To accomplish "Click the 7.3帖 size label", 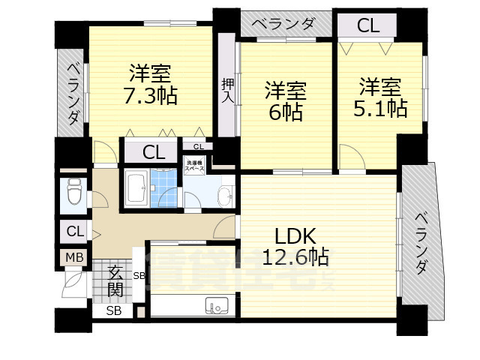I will [x=151, y=97].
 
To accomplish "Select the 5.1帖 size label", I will [x=379, y=109].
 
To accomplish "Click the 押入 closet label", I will [x=228, y=90].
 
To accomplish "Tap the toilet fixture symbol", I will [x=74, y=194].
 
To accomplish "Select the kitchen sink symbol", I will [x=217, y=306].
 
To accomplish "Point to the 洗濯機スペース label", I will [x=195, y=166].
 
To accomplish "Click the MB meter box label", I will [x=74, y=258].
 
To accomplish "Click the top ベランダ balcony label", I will [x=283, y=24].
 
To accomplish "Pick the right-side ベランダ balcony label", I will [x=421, y=244].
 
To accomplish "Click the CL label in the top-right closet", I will [x=367, y=25].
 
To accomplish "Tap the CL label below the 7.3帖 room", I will [x=154, y=152].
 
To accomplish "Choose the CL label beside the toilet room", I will [x=74, y=231].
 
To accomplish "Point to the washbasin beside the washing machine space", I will [x=223, y=196].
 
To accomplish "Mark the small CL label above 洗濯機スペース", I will [x=198, y=147].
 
